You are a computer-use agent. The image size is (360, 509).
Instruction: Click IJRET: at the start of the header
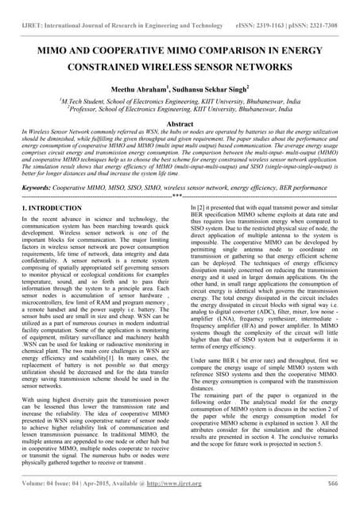coord(31,6)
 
